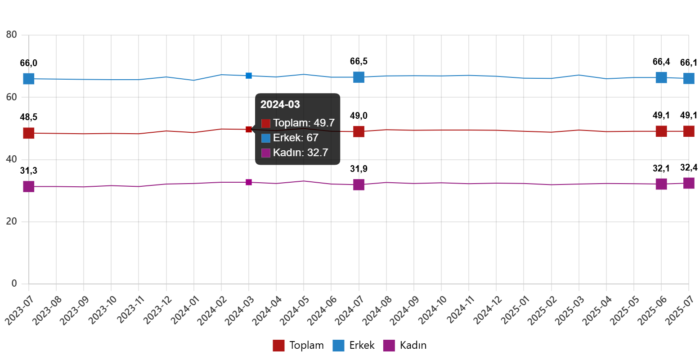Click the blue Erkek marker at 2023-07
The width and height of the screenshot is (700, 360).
point(29,79)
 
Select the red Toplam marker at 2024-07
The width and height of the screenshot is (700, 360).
point(359,131)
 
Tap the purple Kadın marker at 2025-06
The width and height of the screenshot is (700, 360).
point(661,184)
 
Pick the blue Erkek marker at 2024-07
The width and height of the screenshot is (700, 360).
point(359,77)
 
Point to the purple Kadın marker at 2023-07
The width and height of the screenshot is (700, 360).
point(29,186)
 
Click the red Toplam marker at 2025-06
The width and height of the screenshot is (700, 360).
point(661,131)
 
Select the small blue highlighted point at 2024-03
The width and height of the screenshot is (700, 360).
point(249,76)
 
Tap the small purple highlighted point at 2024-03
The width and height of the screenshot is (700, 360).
point(249,182)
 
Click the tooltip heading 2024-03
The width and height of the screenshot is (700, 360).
point(280,104)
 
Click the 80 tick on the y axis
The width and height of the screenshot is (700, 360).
point(12,35)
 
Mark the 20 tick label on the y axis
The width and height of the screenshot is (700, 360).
point(12,221)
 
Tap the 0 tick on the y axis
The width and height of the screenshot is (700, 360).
point(14,283)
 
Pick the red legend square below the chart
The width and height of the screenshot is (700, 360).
point(278,346)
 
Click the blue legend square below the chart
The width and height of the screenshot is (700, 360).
point(338,346)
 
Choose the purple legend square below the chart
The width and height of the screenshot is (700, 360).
point(389,346)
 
